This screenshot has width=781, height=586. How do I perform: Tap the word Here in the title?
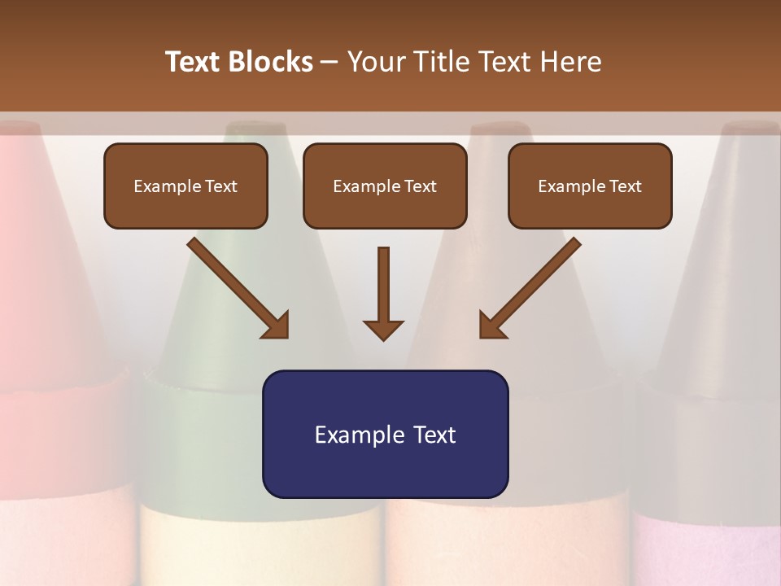569,62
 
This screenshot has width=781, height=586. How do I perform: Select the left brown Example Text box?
185,186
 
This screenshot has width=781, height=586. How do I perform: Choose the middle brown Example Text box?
385,186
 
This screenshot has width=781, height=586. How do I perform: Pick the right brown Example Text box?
590,186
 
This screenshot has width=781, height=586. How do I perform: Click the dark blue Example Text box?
385,434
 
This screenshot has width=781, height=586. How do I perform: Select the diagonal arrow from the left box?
236,286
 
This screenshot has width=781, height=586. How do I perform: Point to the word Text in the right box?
626,186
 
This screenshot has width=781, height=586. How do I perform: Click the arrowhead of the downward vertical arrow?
383,330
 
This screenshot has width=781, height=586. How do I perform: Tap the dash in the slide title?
329,63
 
